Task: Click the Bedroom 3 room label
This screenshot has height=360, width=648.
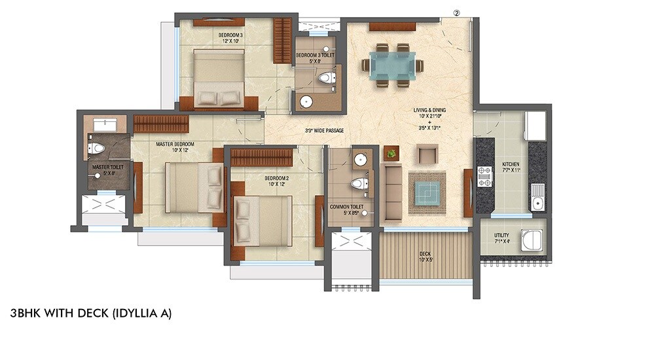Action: tap(231, 37)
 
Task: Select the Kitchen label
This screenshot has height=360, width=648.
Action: tap(511, 164)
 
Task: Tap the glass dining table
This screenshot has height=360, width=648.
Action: tap(391, 65)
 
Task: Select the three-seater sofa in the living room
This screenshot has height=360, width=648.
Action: tap(393, 192)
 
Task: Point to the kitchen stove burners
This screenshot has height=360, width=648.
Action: tap(484, 177)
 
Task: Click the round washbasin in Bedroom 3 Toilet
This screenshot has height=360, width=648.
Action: tap(306, 101)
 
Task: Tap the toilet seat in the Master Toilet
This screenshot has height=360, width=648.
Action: tap(97, 149)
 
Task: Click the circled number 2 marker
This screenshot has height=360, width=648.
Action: tap(457, 12)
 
